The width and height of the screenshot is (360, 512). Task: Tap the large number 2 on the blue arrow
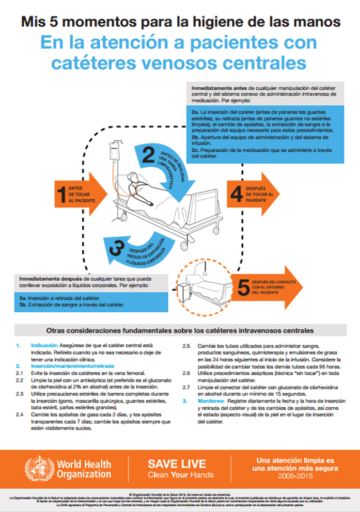pyautogui.click(x=149, y=156)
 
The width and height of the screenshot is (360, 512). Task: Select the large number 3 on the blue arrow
pyautogui.click(x=117, y=247)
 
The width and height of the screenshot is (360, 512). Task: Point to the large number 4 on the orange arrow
pyautogui.click(x=237, y=194)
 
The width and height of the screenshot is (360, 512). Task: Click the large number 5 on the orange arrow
pyautogui.click(x=243, y=287)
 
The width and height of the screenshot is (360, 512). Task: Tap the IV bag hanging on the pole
pyautogui.click(x=112, y=154)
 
